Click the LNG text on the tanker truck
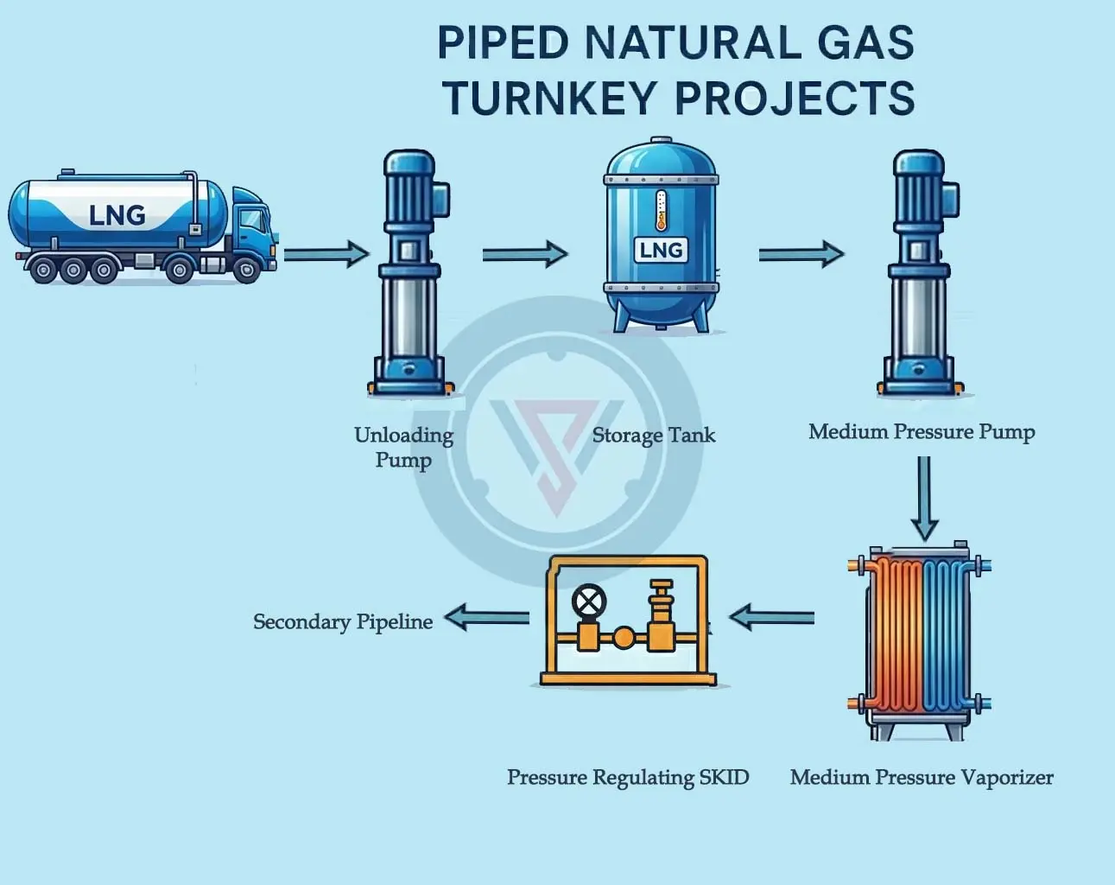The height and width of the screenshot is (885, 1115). click(x=117, y=214)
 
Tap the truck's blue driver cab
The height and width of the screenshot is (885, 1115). click(x=253, y=226)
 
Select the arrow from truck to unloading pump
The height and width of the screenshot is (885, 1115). click(x=326, y=254)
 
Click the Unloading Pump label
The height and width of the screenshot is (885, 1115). click(x=403, y=447)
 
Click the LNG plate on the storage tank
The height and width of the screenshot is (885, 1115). click(x=661, y=250)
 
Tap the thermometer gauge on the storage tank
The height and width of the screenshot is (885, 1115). click(x=661, y=211)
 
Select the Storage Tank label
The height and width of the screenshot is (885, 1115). click(x=654, y=436)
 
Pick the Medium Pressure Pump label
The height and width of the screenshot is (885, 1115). click(x=922, y=431)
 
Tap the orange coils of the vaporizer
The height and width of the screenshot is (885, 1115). click(x=898, y=635)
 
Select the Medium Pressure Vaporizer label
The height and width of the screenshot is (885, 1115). click(x=922, y=778)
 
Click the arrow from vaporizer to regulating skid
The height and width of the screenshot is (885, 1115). click(x=771, y=617)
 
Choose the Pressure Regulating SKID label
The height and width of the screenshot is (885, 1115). click(x=628, y=778)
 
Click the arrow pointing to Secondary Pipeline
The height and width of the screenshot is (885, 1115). click(x=486, y=617)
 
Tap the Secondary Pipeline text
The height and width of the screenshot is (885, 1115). click(x=343, y=622)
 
